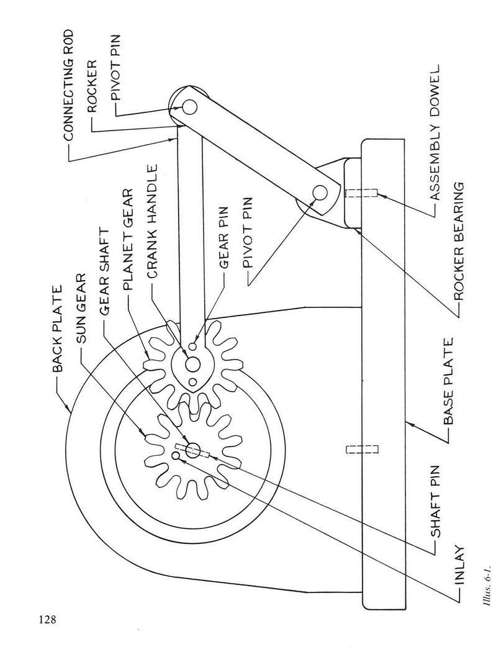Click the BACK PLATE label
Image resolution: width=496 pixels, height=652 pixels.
click(x=57, y=328)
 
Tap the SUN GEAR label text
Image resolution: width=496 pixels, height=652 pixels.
click(x=81, y=308)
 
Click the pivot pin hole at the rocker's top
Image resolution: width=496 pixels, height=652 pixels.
click(x=189, y=106)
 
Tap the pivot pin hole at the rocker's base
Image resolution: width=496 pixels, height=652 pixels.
click(x=320, y=193)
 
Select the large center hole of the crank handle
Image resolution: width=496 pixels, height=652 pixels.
click(x=192, y=364)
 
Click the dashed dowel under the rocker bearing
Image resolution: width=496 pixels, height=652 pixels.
click(x=361, y=193)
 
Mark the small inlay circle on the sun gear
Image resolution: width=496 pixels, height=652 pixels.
click(x=176, y=456)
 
